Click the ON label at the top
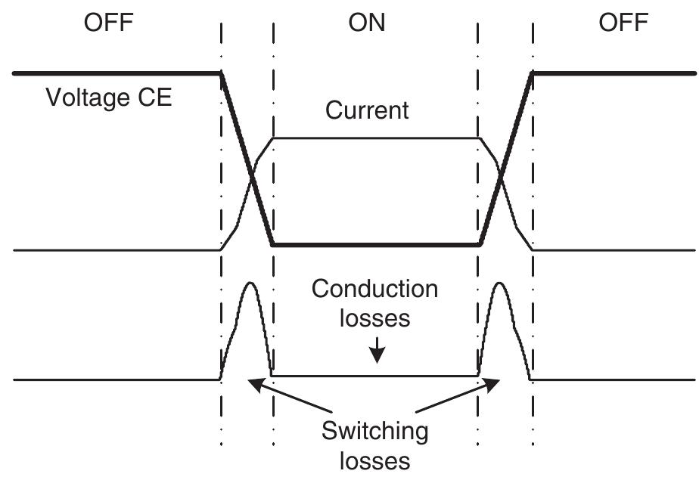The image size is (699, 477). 367,23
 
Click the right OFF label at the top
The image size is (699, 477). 623,23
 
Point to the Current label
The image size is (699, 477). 367,110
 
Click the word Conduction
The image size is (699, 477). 374,289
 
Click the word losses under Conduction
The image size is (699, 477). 374,317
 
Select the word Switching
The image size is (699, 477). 374,432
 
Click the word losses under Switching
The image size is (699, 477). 374,460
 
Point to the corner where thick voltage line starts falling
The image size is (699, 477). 220,74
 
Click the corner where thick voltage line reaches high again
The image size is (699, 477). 533,74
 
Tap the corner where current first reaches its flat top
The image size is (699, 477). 273,138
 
